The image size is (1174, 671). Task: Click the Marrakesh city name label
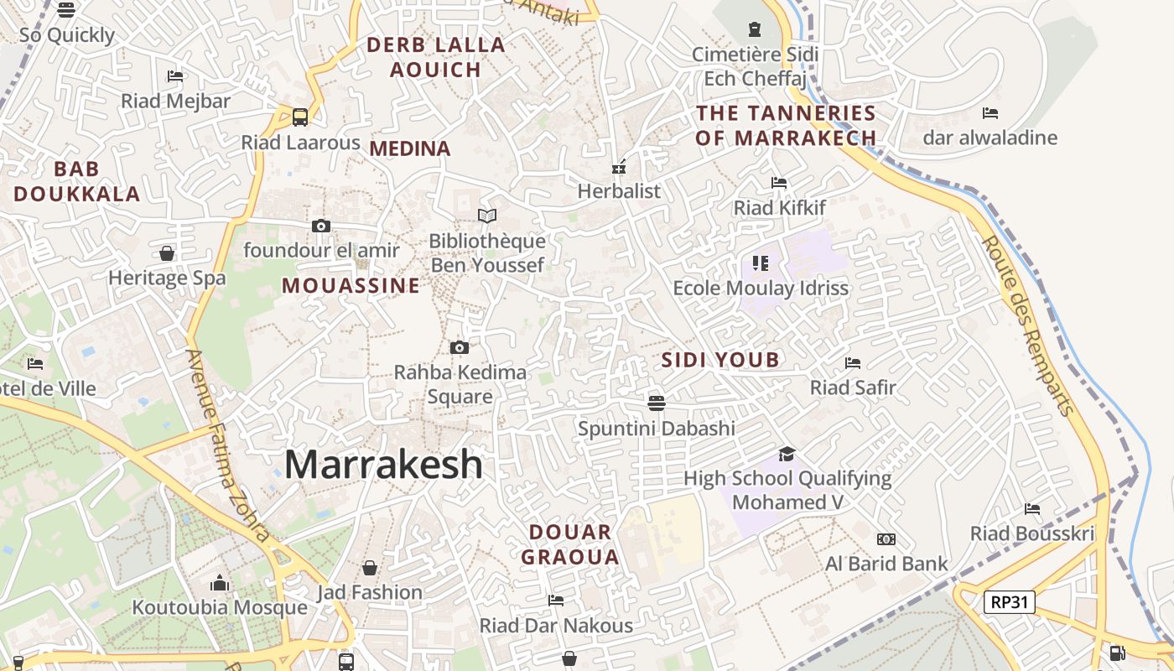pos(384,464)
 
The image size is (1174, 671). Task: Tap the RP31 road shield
pos(1010,601)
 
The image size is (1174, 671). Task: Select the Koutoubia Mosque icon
pos(220,582)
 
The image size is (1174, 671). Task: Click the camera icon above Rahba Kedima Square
pos(459,347)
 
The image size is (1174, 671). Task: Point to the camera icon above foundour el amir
pos(320,226)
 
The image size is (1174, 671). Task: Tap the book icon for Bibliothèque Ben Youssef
pos(487,216)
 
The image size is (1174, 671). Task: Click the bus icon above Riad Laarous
pos(300,117)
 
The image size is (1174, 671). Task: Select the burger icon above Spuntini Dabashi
pos(657,403)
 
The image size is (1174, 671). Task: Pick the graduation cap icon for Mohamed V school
pos(787,454)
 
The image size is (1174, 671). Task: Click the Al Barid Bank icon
pos(886,538)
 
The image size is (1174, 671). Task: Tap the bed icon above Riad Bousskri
pos(1032,508)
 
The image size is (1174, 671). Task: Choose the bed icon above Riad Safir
pos(853,363)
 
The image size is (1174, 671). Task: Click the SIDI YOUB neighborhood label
pos(720,360)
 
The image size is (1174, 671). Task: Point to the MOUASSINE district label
pos(351,285)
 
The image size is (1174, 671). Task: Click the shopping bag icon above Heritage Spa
pos(167,253)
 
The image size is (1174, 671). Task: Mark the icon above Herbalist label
pos(620,166)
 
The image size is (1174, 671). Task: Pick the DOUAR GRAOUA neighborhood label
pos(570,544)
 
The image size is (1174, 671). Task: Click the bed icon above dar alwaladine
pos(990,112)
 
